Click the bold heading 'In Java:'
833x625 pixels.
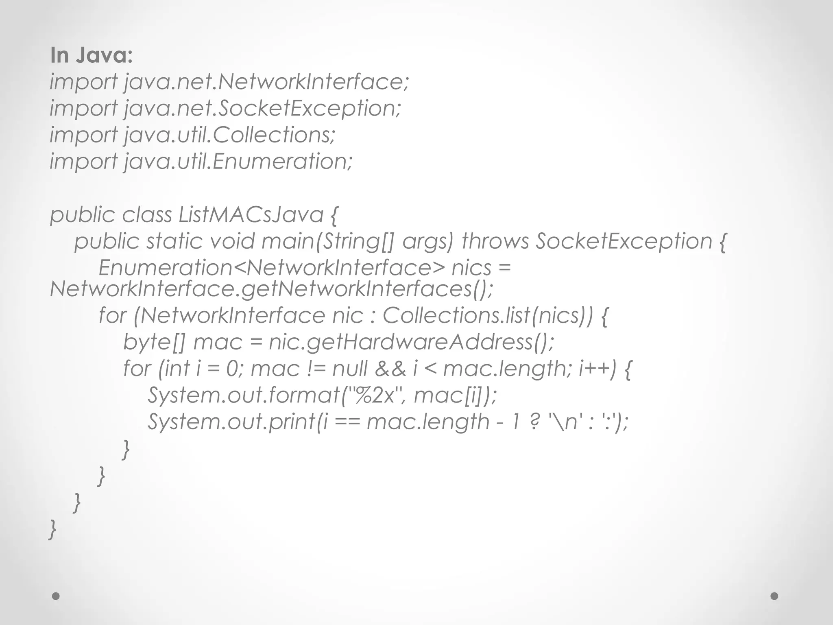click(91, 55)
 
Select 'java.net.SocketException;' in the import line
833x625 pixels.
click(262, 108)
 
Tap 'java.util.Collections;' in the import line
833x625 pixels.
click(229, 135)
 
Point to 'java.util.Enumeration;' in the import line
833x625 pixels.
click(238, 162)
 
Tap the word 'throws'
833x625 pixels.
click(495, 241)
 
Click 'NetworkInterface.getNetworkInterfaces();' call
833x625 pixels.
click(271, 289)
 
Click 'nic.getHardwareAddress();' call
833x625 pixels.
click(411, 342)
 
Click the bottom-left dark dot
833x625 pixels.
click(56, 596)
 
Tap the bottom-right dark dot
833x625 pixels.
click(774, 596)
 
